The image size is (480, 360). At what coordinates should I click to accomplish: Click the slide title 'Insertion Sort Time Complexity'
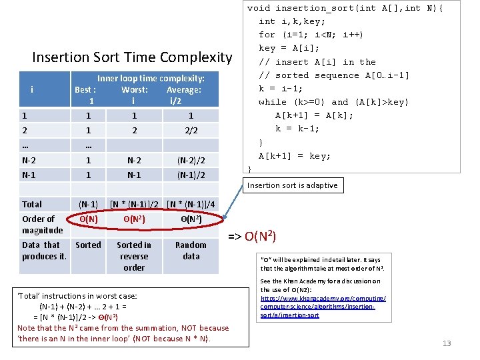click(x=132, y=58)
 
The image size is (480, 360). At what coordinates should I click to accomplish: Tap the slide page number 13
click(x=447, y=343)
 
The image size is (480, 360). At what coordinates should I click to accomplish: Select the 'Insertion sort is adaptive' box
click(x=293, y=185)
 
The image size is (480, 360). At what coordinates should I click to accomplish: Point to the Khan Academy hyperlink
click(x=323, y=303)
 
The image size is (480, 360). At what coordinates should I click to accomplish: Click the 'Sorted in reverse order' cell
click(x=134, y=256)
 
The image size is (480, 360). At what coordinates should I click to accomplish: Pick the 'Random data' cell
click(x=191, y=250)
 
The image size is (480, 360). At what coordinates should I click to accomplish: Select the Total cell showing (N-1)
click(x=88, y=204)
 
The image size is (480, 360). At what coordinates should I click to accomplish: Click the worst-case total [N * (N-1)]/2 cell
click(x=134, y=204)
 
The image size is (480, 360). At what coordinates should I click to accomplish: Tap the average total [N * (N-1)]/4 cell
click(x=191, y=204)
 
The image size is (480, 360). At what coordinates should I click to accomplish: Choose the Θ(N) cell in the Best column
click(x=88, y=219)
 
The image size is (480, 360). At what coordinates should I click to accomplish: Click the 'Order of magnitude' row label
click(x=42, y=224)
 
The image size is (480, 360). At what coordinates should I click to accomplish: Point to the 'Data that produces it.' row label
click(x=44, y=251)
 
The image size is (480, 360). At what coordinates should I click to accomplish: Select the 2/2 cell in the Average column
click(x=191, y=131)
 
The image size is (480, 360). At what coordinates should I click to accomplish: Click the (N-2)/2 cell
click(x=191, y=161)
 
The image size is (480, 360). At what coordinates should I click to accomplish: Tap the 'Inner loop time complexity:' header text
click(x=151, y=78)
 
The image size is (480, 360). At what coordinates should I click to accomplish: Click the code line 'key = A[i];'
click(x=289, y=48)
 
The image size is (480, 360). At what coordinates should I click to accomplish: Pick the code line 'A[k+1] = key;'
click(x=294, y=156)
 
